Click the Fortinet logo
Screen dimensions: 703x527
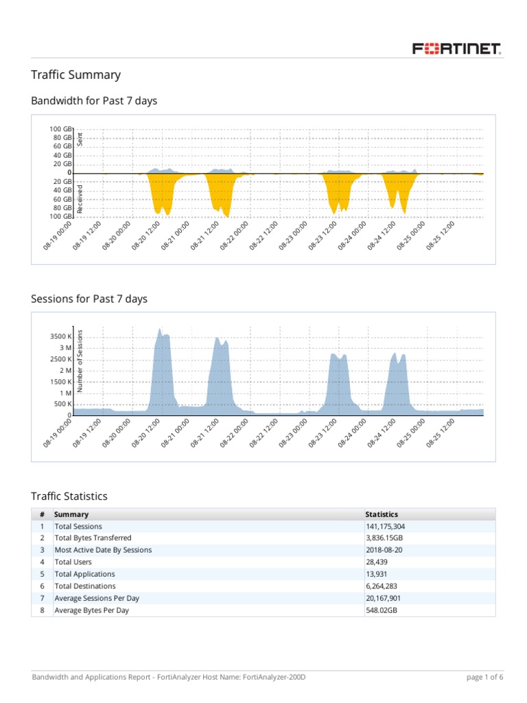click(x=456, y=49)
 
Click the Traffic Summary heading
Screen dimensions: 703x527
click(x=75, y=75)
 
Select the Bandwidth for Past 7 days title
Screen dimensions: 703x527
click(x=94, y=101)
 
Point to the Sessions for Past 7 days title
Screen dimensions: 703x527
click(x=89, y=299)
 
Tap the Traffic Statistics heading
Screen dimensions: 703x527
click(x=69, y=496)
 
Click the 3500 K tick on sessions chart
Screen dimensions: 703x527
click(x=60, y=336)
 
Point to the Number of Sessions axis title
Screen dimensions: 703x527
click(x=80, y=361)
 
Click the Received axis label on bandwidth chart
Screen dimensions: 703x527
click(x=80, y=198)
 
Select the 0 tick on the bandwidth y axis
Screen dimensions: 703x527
click(x=69, y=173)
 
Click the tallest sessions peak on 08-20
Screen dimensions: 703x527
click(x=160, y=329)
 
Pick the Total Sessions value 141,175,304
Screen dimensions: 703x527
click(x=390, y=527)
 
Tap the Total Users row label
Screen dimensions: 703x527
click(x=75, y=562)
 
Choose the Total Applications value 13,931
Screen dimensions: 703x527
click(x=379, y=574)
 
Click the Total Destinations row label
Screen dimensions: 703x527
click(x=85, y=586)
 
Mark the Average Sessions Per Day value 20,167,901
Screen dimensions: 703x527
click(x=387, y=598)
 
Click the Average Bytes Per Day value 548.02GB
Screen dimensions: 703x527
click(x=381, y=610)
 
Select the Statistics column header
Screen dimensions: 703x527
click(x=382, y=514)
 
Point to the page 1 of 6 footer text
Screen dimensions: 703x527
click(x=484, y=677)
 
